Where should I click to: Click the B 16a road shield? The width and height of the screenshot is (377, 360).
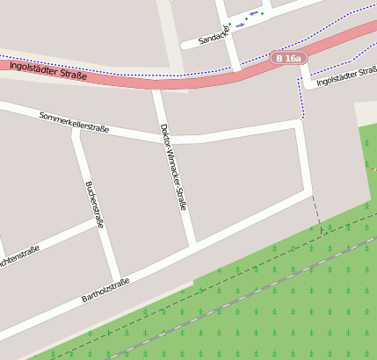287,58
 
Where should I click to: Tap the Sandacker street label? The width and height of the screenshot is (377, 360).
213,36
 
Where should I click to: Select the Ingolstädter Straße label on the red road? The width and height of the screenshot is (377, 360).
47,69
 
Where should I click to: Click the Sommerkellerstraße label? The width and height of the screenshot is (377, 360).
74,122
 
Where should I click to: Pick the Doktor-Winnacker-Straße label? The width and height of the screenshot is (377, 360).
173,166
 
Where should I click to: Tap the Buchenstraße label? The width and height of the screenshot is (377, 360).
94,204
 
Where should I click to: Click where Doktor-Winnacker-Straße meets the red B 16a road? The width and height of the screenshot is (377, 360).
156,86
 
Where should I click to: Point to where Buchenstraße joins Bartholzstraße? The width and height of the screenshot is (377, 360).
117,279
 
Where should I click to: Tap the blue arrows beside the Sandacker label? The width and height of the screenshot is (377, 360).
252,14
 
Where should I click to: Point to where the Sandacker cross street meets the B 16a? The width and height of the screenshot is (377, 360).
236,68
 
